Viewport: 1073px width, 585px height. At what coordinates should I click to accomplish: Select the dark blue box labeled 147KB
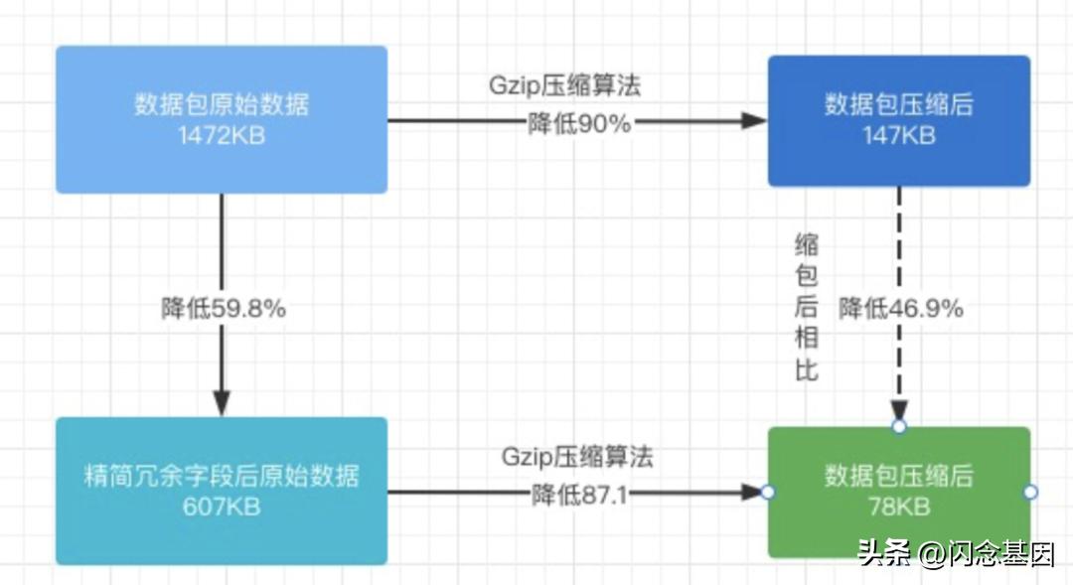(x=898, y=159)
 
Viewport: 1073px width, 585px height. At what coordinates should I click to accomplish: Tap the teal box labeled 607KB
(x=221, y=536)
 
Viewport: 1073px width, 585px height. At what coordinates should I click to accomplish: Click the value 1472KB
(x=222, y=136)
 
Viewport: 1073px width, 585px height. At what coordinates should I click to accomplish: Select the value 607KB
(x=222, y=507)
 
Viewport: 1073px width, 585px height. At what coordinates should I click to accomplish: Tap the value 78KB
(x=898, y=507)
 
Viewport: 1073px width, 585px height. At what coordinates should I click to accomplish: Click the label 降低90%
(x=579, y=123)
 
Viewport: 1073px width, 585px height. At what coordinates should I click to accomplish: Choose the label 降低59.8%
(x=225, y=309)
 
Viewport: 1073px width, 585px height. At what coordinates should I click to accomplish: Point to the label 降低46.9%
(x=901, y=309)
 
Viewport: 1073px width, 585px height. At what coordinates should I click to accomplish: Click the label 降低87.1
(x=579, y=494)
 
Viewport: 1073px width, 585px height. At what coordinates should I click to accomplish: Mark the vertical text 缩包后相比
(x=807, y=308)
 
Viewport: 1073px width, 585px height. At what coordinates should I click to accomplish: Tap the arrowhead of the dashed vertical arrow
(x=899, y=409)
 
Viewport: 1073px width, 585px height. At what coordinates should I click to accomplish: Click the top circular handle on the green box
(x=899, y=427)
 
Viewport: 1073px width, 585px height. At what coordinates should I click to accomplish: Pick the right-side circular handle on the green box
(x=1030, y=492)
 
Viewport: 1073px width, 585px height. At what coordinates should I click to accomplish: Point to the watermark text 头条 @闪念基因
(x=956, y=553)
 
